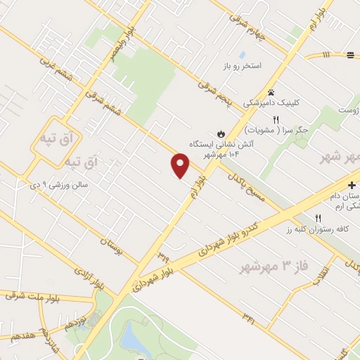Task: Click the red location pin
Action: pyautogui.click(x=181, y=165)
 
